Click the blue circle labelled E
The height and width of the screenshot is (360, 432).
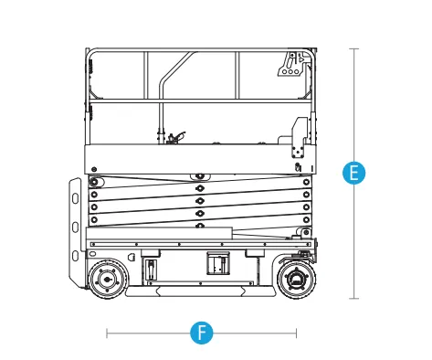353,173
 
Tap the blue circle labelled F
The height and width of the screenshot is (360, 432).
202,333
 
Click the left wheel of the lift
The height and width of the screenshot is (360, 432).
107,280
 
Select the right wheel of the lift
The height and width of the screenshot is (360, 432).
296,280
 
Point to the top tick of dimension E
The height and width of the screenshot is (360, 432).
353,48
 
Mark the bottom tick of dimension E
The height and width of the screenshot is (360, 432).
353,299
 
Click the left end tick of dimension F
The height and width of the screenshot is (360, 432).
107,334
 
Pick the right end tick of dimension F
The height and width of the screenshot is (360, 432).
296,334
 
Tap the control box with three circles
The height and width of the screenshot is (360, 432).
291,64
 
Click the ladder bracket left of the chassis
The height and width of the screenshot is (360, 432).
76,231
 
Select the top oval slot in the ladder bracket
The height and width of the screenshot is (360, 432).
75,198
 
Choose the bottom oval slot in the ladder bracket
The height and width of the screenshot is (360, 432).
75,255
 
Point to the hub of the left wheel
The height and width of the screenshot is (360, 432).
107,280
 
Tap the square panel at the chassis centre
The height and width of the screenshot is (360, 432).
218,263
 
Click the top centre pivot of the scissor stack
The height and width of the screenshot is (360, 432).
200,176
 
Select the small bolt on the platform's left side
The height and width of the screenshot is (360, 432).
94,169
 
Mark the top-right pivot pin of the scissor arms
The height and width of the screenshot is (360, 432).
306,182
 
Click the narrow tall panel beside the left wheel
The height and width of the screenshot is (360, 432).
151,270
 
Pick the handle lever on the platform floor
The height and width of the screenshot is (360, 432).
176,137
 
